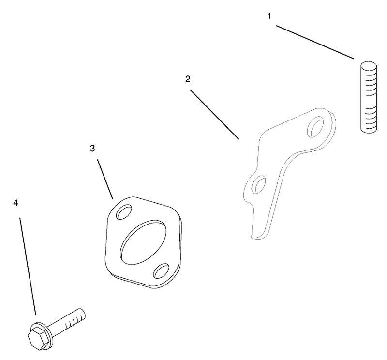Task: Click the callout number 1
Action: click(x=269, y=16)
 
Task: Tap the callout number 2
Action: click(x=188, y=79)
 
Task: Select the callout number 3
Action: click(x=92, y=149)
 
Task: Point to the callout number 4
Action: click(x=15, y=203)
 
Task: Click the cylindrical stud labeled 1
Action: click(x=369, y=97)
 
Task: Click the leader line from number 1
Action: click(x=315, y=42)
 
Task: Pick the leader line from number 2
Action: click(x=215, y=115)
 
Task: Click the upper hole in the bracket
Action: click(x=315, y=127)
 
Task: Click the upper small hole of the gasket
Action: click(x=124, y=211)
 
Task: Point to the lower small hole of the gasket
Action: click(x=162, y=271)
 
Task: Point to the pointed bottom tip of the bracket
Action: click(x=252, y=237)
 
